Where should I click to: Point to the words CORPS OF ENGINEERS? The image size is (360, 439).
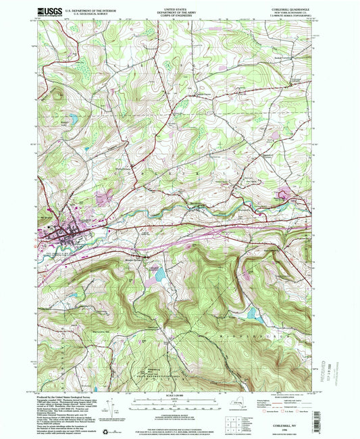[x=179, y=16]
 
